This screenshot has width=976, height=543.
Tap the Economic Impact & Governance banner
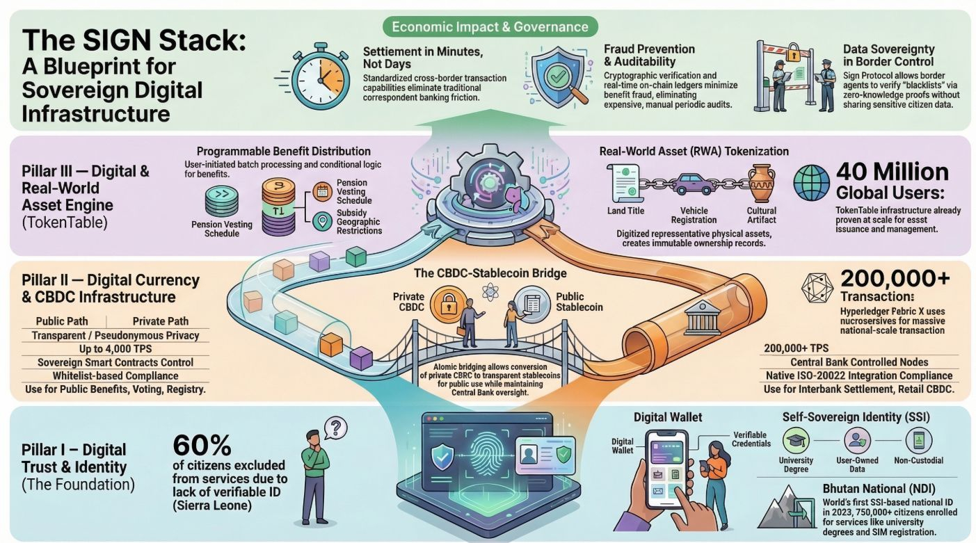490,27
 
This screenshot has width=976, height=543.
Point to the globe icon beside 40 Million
810,182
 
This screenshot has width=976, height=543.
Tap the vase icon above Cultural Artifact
761,182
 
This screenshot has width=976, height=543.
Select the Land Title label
626,211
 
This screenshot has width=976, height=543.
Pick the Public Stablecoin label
579,302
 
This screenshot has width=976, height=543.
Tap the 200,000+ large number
895,278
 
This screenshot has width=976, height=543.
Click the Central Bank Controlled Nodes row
859,362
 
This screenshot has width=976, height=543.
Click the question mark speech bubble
335,426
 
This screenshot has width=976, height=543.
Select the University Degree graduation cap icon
796,439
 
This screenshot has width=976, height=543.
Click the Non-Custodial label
918,460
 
